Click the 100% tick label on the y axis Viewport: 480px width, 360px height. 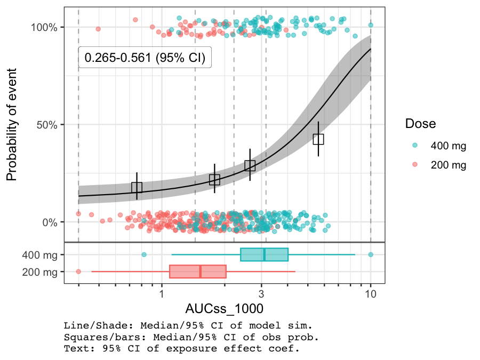tap(47, 27)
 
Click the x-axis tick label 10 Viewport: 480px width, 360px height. tap(371, 294)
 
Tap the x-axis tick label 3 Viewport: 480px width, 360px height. tap(261, 294)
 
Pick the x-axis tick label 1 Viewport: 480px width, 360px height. tap(161, 294)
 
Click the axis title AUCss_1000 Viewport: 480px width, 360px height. tap(224, 309)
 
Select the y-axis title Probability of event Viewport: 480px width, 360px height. tap(12, 124)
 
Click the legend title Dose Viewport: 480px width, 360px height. tap(420, 124)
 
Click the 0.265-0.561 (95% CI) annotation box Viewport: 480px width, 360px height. tap(145, 58)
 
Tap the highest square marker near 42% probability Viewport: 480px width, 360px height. tap(318, 139)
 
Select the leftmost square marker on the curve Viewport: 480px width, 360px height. tap(137, 187)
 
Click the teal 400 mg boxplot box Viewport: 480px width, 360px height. tap(264, 254)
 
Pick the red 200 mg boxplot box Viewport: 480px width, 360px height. tap(198, 271)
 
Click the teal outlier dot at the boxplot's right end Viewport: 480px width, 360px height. tap(371, 254)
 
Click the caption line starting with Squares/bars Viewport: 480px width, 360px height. tap(191, 337)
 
